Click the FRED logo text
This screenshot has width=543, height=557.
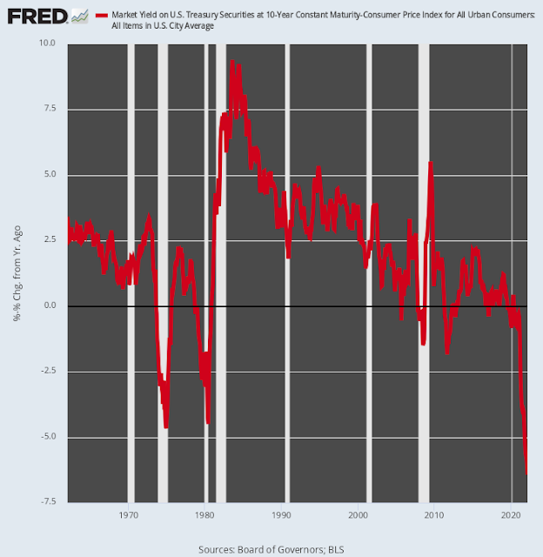(35, 16)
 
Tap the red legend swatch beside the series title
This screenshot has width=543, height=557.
(102, 16)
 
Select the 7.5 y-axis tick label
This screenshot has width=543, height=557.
(48, 109)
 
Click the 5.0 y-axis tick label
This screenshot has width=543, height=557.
(48, 174)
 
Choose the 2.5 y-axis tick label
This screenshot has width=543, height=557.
(48, 240)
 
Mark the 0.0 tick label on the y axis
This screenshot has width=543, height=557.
(48, 305)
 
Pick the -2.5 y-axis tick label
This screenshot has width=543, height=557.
(46, 371)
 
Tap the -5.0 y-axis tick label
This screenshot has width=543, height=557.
(46, 437)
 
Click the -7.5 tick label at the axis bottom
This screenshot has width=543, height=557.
(46, 502)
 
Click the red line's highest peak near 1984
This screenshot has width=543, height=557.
(232, 63)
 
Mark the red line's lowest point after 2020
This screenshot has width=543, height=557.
(527, 473)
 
